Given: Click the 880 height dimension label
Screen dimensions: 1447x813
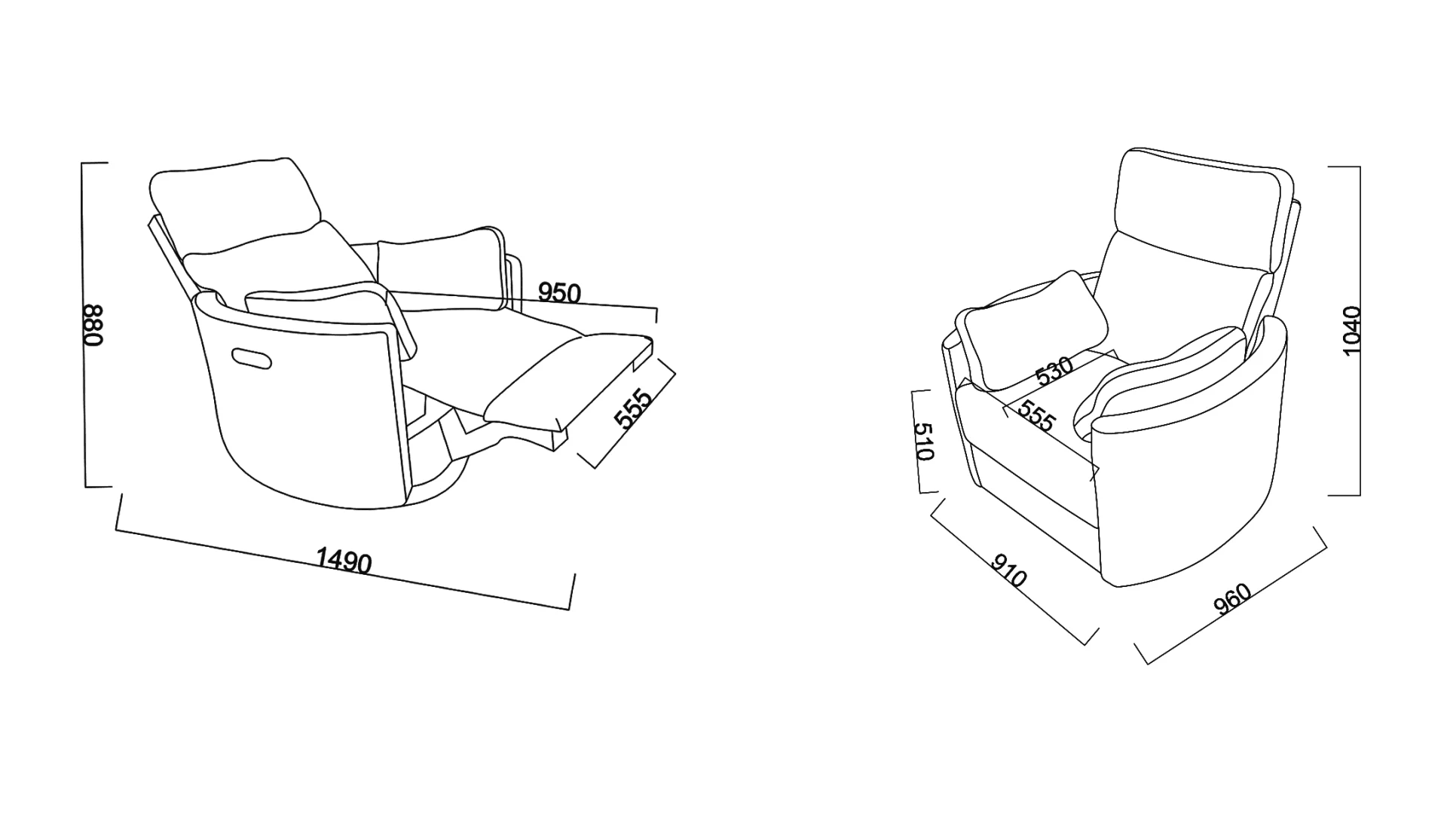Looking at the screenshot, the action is (92, 325).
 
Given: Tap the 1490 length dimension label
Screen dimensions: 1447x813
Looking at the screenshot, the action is (344, 561).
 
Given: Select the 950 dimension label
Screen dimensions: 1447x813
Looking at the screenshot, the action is (559, 292).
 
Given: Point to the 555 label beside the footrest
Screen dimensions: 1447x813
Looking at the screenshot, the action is (633, 408).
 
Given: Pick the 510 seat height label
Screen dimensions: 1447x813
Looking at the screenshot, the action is (924, 442).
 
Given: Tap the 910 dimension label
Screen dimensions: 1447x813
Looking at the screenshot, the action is (1008, 571).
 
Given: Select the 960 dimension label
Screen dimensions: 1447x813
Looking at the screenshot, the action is (1233, 599).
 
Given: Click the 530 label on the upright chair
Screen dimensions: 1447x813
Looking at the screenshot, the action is (1054, 371).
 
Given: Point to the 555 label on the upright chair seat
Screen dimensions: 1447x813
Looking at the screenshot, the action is (1037, 415).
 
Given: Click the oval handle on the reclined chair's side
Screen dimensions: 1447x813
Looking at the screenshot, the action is (251, 359).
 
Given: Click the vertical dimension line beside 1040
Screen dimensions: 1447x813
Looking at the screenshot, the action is (1359, 331).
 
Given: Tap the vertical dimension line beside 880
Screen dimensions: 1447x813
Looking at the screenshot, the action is (84, 325).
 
